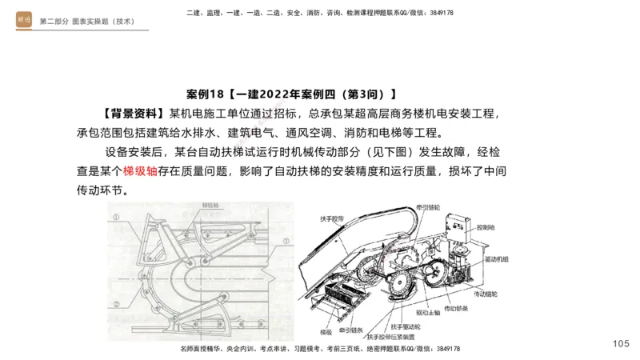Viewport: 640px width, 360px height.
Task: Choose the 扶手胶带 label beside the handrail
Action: [x=331, y=218]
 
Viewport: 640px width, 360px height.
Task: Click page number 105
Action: [x=621, y=343]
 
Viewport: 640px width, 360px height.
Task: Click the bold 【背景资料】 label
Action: [x=134, y=113]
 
